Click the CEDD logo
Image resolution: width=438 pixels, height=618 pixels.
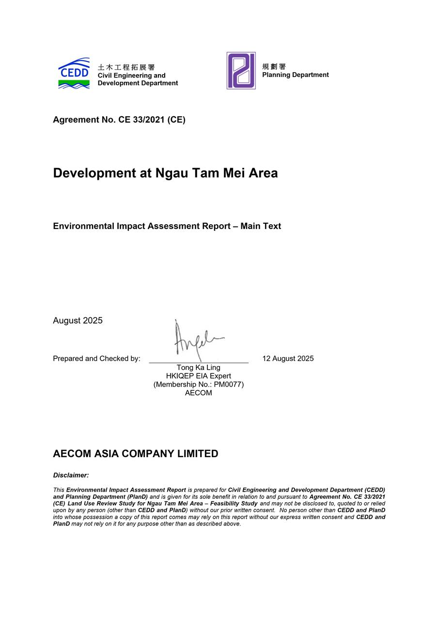[x=74, y=73]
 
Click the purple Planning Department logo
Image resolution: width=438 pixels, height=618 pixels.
[x=241, y=71]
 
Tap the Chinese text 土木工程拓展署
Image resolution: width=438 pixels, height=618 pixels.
[x=126, y=67]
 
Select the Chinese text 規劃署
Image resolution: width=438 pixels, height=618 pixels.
[x=274, y=67]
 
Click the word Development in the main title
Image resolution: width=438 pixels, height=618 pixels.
[x=94, y=173]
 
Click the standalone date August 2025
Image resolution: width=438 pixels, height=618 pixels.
[x=78, y=321]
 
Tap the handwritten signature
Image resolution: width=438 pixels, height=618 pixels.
[x=196, y=339]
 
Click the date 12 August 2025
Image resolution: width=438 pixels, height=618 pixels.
[x=288, y=358]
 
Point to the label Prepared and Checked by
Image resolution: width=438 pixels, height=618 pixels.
[x=96, y=358]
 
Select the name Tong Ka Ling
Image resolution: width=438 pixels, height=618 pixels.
[x=198, y=368]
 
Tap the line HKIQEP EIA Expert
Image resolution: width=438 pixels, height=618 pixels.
[x=198, y=376]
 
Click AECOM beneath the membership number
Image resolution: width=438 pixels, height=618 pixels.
[x=198, y=393]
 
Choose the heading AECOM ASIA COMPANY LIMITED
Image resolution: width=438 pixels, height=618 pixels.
[x=135, y=454]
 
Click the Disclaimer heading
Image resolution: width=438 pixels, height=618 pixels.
[x=71, y=476]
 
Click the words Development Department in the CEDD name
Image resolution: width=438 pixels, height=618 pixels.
[x=138, y=83]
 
